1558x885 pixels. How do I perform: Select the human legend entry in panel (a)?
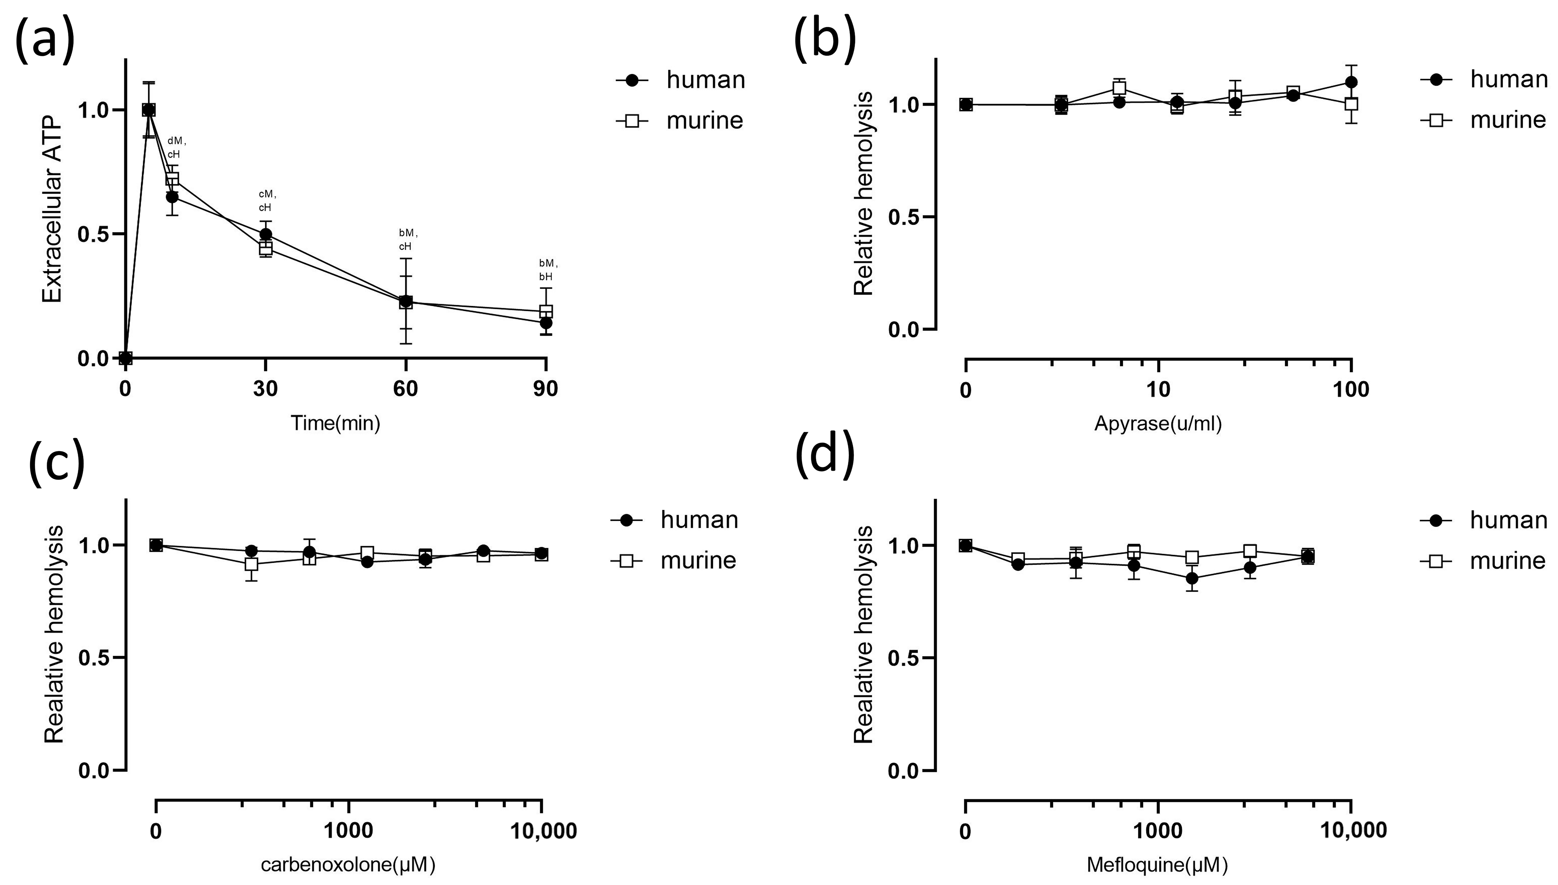[x=681, y=80]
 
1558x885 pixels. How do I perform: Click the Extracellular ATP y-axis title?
[x=53, y=210]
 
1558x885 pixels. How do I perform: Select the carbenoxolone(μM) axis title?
[x=348, y=864]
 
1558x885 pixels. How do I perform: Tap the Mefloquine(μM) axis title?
[x=1157, y=864]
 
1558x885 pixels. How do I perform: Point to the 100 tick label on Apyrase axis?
[x=1350, y=389]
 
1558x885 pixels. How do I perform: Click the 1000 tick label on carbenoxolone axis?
[x=348, y=831]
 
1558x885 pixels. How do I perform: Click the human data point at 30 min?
[x=266, y=234]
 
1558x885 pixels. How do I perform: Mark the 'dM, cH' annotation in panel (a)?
[x=176, y=148]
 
